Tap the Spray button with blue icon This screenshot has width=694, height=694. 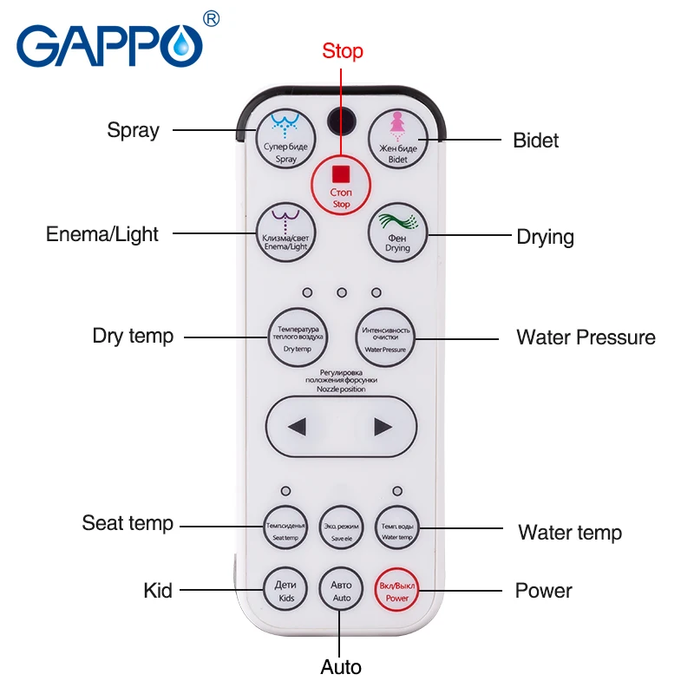click(285, 141)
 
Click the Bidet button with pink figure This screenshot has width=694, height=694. click(396, 141)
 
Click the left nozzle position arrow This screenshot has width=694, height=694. click(298, 427)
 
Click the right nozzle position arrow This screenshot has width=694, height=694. click(383, 427)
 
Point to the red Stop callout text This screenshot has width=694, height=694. click(342, 50)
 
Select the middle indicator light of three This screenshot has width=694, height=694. click(341, 292)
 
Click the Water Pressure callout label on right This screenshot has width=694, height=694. click(586, 337)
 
